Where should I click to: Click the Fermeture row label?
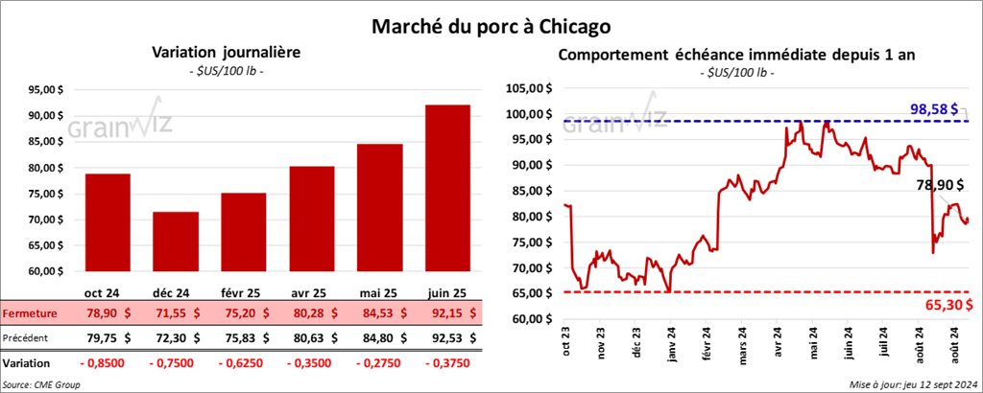click(x=31, y=313)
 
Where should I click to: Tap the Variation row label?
click(x=27, y=364)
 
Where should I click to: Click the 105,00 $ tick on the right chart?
click(x=524, y=89)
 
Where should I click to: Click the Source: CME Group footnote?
click(x=41, y=384)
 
